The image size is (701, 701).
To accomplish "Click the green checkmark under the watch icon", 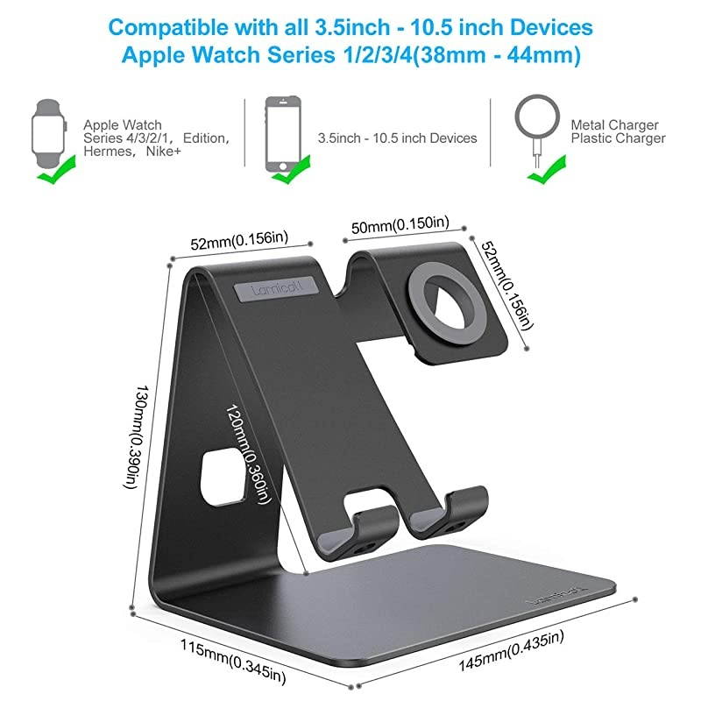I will (53, 179).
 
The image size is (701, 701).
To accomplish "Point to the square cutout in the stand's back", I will (219, 477).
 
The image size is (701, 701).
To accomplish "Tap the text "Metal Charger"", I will (614, 125).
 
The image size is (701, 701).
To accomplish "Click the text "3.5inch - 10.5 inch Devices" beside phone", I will (397, 138).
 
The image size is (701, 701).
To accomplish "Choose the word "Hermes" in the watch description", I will (104, 151).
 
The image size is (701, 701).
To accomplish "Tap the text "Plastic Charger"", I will (618, 138).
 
